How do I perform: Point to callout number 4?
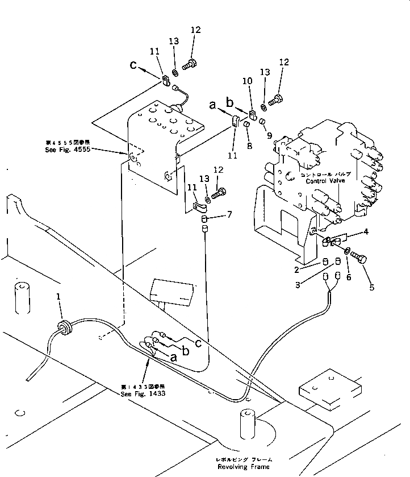click(367, 232)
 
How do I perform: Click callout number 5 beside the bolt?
click(371, 287)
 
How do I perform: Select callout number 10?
click(247, 82)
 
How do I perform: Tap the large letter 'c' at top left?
click(133, 66)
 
